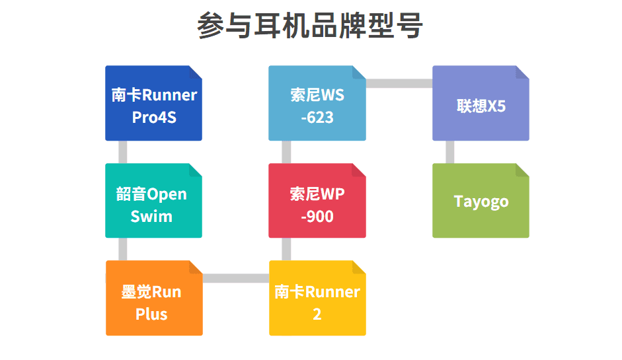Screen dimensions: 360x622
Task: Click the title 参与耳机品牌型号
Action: tap(310, 26)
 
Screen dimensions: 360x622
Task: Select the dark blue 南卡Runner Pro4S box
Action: tap(153, 103)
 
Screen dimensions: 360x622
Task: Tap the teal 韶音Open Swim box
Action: tap(153, 201)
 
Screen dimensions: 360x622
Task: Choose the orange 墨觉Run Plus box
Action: tap(153, 298)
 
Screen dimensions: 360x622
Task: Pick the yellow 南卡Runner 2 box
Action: tap(317, 298)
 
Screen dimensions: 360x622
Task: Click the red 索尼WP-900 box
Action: tap(317, 201)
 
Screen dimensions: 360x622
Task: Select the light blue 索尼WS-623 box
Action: tap(317, 103)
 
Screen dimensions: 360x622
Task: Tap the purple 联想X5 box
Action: tap(481, 103)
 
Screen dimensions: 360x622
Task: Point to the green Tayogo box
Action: tap(481, 201)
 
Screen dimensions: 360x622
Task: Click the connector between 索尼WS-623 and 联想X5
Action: tap(399, 83)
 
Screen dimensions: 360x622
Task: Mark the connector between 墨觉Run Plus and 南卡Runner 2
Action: tap(235, 278)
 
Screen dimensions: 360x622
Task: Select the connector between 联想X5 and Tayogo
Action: tap(449, 152)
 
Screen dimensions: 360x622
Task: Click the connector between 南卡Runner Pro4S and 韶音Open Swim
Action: tap(122, 152)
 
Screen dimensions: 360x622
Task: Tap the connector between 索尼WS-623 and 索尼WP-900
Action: tap(286, 152)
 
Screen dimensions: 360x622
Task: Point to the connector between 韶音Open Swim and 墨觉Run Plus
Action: tap(122, 249)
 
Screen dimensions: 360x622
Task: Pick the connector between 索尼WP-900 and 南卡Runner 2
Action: tap(286, 249)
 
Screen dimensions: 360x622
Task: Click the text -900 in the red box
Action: tap(317, 216)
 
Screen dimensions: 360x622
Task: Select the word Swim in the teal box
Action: tap(151, 216)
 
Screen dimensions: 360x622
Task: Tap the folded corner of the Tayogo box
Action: tap(523, 170)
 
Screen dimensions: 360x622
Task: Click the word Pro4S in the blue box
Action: tap(154, 118)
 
